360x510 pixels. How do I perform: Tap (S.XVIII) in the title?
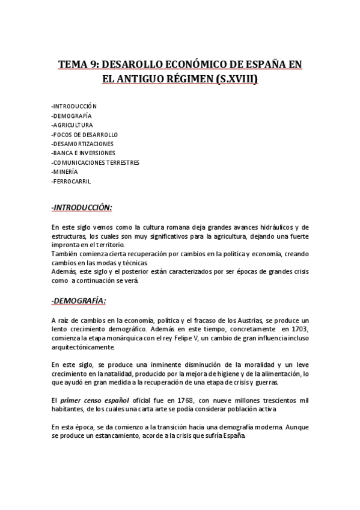pyautogui.click(x=237, y=79)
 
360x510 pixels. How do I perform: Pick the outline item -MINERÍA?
pyautogui.click(x=65, y=171)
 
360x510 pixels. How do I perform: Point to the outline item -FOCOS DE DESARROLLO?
pyautogui.click(x=85, y=134)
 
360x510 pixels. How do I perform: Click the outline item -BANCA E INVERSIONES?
pyautogui.click(x=84, y=153)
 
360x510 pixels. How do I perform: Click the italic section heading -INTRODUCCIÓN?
pyautogui.click(x=82, y=207)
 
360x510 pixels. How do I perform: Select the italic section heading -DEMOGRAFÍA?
pyautogui.click(x=79, y=300)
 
